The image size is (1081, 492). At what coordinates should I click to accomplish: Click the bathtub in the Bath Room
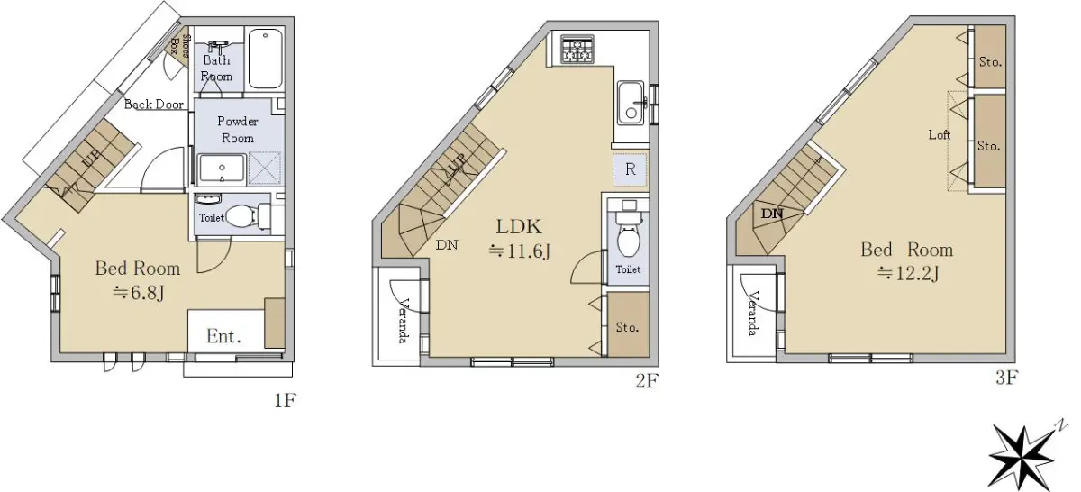tap(266, 59)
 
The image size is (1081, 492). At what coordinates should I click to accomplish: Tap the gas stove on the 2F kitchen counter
tap(577, 50)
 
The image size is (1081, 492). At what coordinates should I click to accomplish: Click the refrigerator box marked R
tap(630, 169)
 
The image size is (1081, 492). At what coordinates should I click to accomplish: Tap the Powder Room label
tap(238, 130)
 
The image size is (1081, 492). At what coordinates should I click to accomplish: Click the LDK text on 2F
tap(519, 226)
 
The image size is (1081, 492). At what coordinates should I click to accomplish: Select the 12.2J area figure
tap(908, 274)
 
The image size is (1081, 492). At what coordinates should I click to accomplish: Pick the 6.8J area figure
tap(139, 293)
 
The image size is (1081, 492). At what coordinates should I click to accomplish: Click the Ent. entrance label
tap(223, 336)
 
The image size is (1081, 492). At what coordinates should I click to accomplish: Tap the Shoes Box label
tap(179, 46)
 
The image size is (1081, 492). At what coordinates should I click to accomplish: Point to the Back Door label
tap(154, 105)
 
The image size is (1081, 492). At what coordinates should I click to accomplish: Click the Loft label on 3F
tap(939, 134)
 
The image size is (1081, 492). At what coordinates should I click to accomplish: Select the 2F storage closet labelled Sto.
tap(628, 324)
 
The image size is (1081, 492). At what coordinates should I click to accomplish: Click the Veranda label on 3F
tap(752, 314)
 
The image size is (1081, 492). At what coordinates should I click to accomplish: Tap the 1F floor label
tap(286, 400)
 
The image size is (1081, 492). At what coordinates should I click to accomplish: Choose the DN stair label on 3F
tap(772, 214)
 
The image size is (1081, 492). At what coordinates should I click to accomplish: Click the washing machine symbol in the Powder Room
tap(265, 168)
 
